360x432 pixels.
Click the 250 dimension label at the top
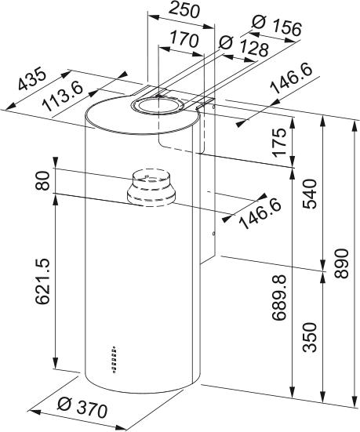(184, 10)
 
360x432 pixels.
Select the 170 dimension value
(184, 39)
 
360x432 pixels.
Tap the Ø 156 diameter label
(277, 26)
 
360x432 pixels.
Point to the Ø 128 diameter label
(244, 46)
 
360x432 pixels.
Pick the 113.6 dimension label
(62, 97)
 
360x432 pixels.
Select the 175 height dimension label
(279, 142)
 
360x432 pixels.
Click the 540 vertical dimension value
(309, 194)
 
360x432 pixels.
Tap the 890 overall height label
(341, 263)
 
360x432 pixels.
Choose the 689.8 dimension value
(279, 298)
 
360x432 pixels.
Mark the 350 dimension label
(309, 337)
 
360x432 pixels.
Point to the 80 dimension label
(42, 181)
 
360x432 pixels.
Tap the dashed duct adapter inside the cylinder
(151, 188)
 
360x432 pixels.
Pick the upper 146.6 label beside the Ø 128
(292, 79)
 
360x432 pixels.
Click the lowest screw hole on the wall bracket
(214, 234)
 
